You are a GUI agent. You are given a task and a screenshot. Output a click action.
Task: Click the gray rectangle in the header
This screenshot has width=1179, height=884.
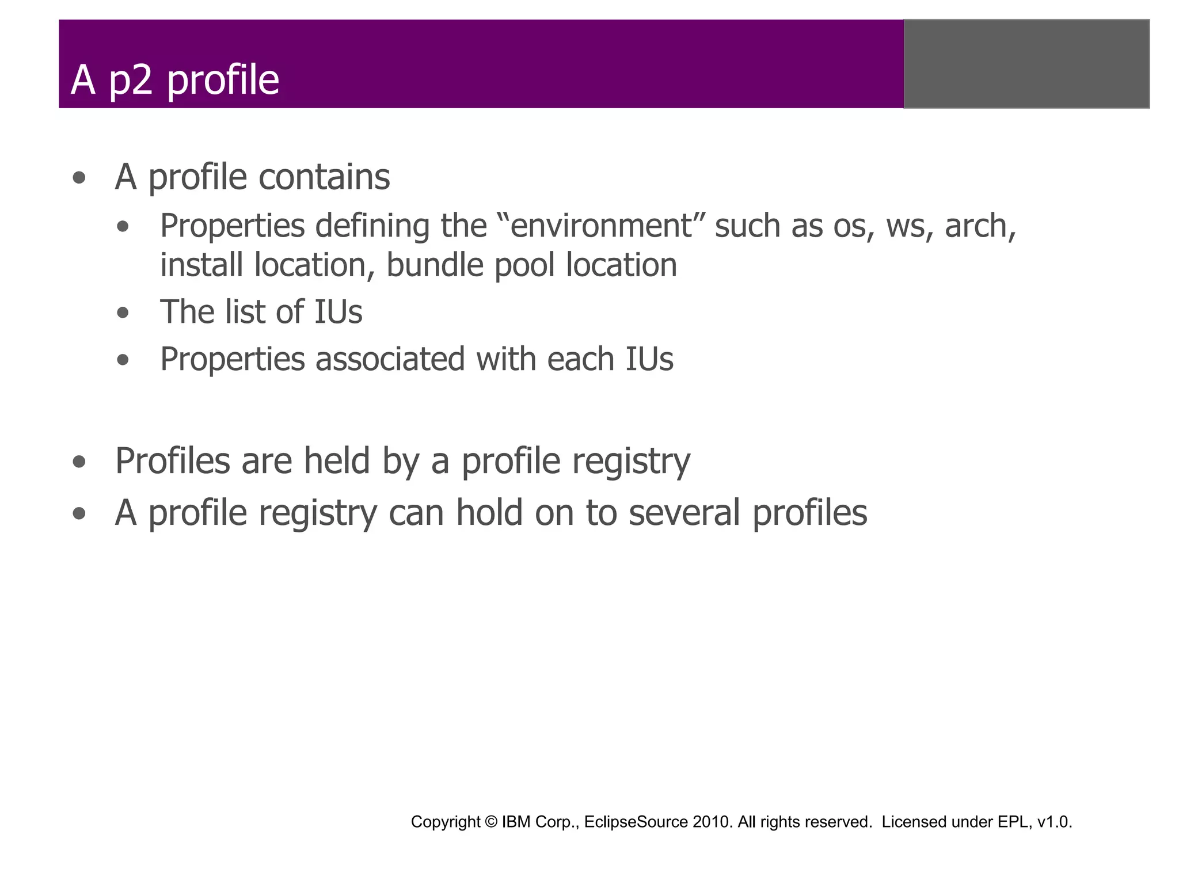point(1026,64)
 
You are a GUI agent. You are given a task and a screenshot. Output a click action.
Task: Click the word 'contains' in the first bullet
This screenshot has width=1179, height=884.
point(324,177)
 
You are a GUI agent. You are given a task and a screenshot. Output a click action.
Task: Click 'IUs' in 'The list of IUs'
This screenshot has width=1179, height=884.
point(338,312)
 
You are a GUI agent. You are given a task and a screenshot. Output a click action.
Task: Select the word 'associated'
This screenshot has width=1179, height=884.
point(389,359)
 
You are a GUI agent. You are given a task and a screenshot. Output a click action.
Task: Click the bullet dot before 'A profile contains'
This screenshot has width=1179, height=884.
point(79,178)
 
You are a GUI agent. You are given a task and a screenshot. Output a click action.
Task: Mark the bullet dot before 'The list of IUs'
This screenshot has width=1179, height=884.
point(123,314)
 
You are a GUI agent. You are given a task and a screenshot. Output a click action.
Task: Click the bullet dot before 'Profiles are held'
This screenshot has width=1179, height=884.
point(79,462)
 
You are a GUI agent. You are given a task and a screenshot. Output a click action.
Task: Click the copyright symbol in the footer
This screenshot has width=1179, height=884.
point(491,822)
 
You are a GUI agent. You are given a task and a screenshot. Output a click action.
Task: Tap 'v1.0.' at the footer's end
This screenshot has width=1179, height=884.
point(1055,822)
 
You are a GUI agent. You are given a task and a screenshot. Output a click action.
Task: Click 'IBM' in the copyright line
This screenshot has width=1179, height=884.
point(516,822)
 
